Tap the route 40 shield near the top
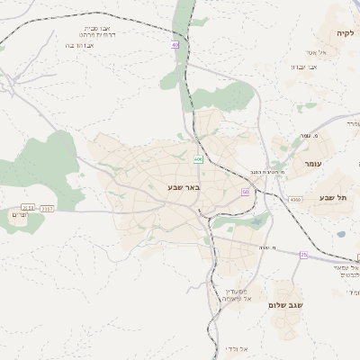(x=175, y=45)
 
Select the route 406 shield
(x=198, y=159)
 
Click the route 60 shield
(x=245, y=192)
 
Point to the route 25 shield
(x=304, y=256)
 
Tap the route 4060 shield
(x=295, y=200)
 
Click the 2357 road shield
(x=47, y=208)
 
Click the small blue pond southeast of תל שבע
(x=341, y=234)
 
